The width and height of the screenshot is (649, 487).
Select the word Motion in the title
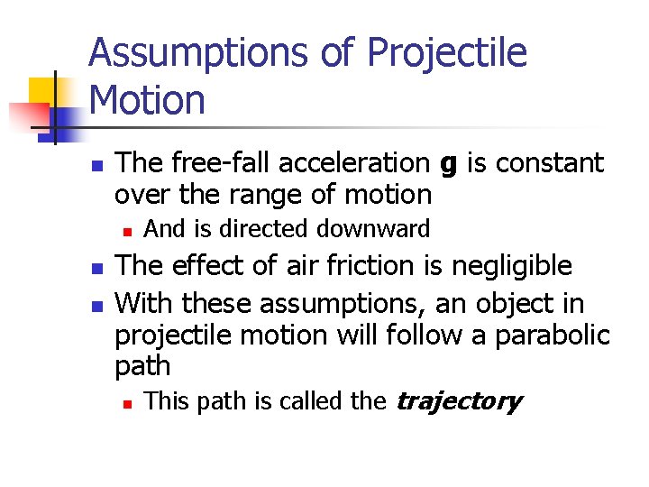point(148,99)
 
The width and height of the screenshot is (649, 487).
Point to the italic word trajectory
point(459,401)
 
